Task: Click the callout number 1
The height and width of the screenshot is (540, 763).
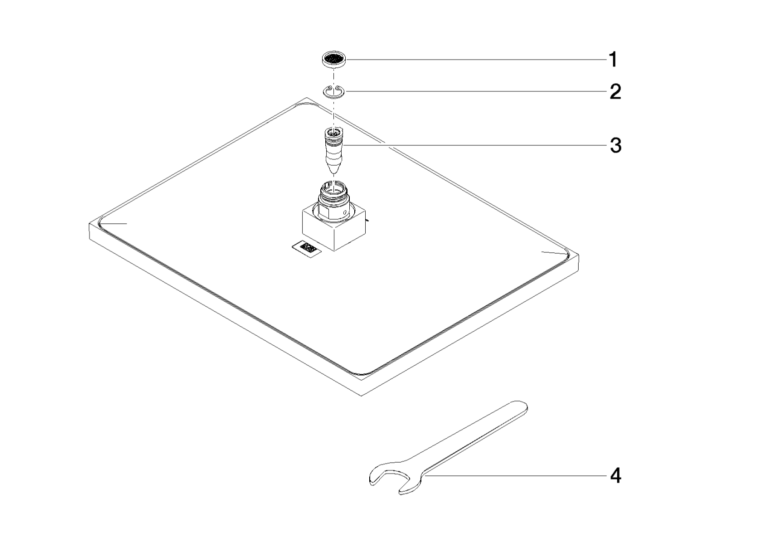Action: point(613,59)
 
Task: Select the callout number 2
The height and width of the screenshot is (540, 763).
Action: point(615,91)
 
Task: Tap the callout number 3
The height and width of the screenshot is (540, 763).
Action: point(616,145)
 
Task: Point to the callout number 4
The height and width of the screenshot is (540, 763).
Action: point(616,475)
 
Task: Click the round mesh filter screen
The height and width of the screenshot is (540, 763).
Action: point(334,59)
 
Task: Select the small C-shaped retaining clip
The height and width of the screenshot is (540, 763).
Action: point(334,91)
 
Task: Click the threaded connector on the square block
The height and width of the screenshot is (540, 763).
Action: point(334,199)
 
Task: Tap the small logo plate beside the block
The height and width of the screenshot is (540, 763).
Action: point(307,247)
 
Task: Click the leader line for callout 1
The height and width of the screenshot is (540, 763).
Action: point(477,59)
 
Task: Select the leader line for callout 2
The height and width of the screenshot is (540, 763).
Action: point(476,91)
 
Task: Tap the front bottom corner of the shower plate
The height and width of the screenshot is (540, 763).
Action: point(361,396)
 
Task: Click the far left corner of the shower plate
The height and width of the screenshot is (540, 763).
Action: point(89,223)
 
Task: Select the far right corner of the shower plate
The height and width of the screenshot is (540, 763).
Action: point(579,255)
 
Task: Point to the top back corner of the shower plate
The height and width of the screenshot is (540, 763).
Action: point(305,98)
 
